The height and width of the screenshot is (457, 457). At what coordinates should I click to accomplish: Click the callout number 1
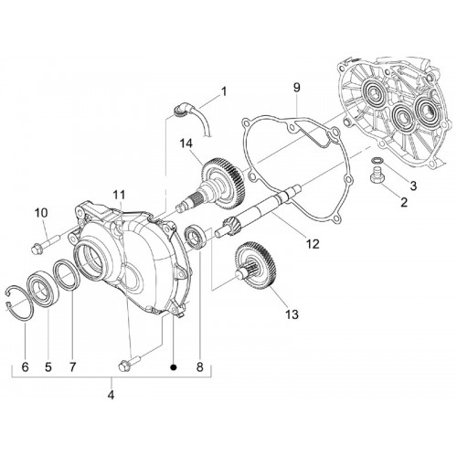pyautogui.click(x=224, y=91)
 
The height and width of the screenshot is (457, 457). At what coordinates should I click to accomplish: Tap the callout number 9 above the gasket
pyautogui.click(x=296, y=88)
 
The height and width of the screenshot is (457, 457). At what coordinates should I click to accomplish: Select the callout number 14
pyautogui.click(x=186, y=143)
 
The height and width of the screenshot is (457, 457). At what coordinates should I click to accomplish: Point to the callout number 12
pyautogui.click(x=314, y=244)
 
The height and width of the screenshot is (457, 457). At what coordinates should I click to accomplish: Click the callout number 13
pyautogui.click(x=292, y=314)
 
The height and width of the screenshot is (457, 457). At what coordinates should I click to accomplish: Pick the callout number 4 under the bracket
pyautogui.click(x=111, y=395)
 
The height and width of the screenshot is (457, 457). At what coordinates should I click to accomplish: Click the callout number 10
pyautogui.click(x=41, y=213)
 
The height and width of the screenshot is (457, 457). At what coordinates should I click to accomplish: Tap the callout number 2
pyautogui.click(x=404, y=202)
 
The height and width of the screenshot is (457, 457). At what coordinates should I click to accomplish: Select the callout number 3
pyautogui.click(x=413, y=186)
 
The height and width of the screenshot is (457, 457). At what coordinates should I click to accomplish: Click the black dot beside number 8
pyautogui.click(x=174, y=367)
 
